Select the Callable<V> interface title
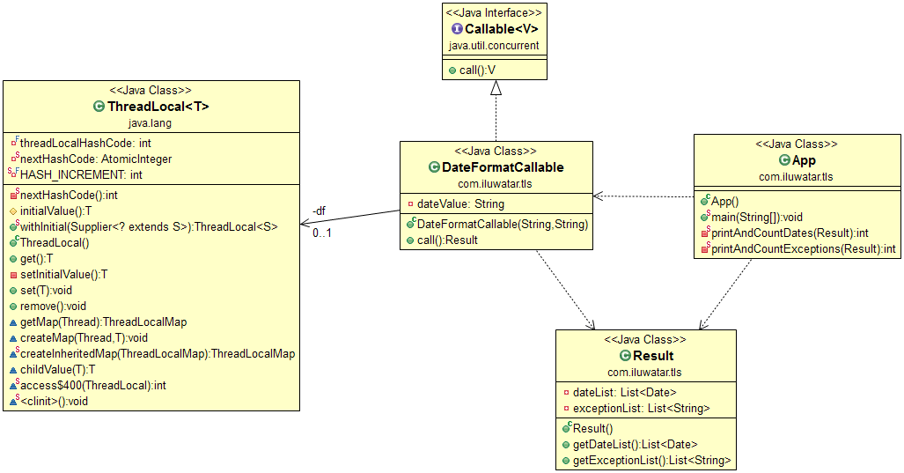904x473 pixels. click(x=501, y=29)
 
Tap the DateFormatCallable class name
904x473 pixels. click(x=508, y=166)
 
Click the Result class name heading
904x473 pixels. click(x=652, y=356)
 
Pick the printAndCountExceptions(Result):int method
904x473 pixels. click(x=803, y=249)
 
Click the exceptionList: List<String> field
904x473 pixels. click(x=641, y=408)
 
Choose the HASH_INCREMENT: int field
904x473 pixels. click(x=81, y=174)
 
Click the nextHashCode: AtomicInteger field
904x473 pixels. click(x=95, y=159)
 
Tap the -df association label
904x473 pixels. click(x=320, y=211)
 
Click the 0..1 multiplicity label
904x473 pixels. click(x=322, y=233)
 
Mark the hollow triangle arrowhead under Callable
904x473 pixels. click(x=496, y=87)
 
